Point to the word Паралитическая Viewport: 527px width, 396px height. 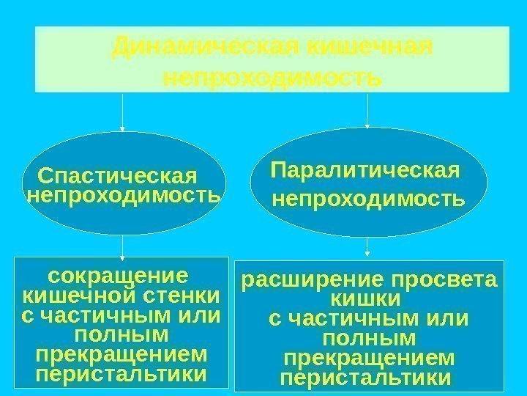click(365, 170)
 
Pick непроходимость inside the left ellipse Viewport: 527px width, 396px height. click(122, 196)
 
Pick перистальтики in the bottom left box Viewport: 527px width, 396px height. click(121, 374)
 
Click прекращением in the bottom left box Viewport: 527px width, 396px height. click(121, 355)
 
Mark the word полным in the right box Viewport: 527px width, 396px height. click(367, 339)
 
